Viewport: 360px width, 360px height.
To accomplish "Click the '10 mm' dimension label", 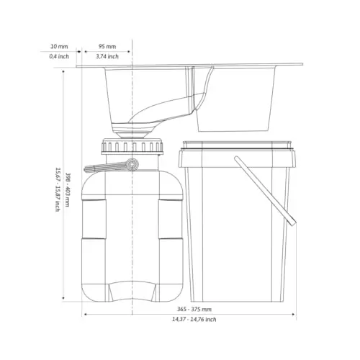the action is coord(59,46).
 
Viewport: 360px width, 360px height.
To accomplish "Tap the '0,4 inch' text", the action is coord(59,56).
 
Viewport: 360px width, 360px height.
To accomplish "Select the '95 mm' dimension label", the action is coord(107,46).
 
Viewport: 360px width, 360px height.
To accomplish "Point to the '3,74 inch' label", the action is coord(107,56).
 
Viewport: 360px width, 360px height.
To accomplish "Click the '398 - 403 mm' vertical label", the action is coord(68,189).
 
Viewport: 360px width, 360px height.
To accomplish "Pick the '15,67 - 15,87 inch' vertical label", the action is coord(58,189).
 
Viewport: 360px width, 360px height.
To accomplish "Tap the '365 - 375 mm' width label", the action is coord(194,309).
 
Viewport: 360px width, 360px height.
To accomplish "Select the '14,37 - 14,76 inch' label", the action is coord(194,320).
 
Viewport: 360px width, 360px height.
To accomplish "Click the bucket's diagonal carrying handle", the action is coord(265,191).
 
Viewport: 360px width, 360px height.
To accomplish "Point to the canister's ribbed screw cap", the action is coord(132,146).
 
